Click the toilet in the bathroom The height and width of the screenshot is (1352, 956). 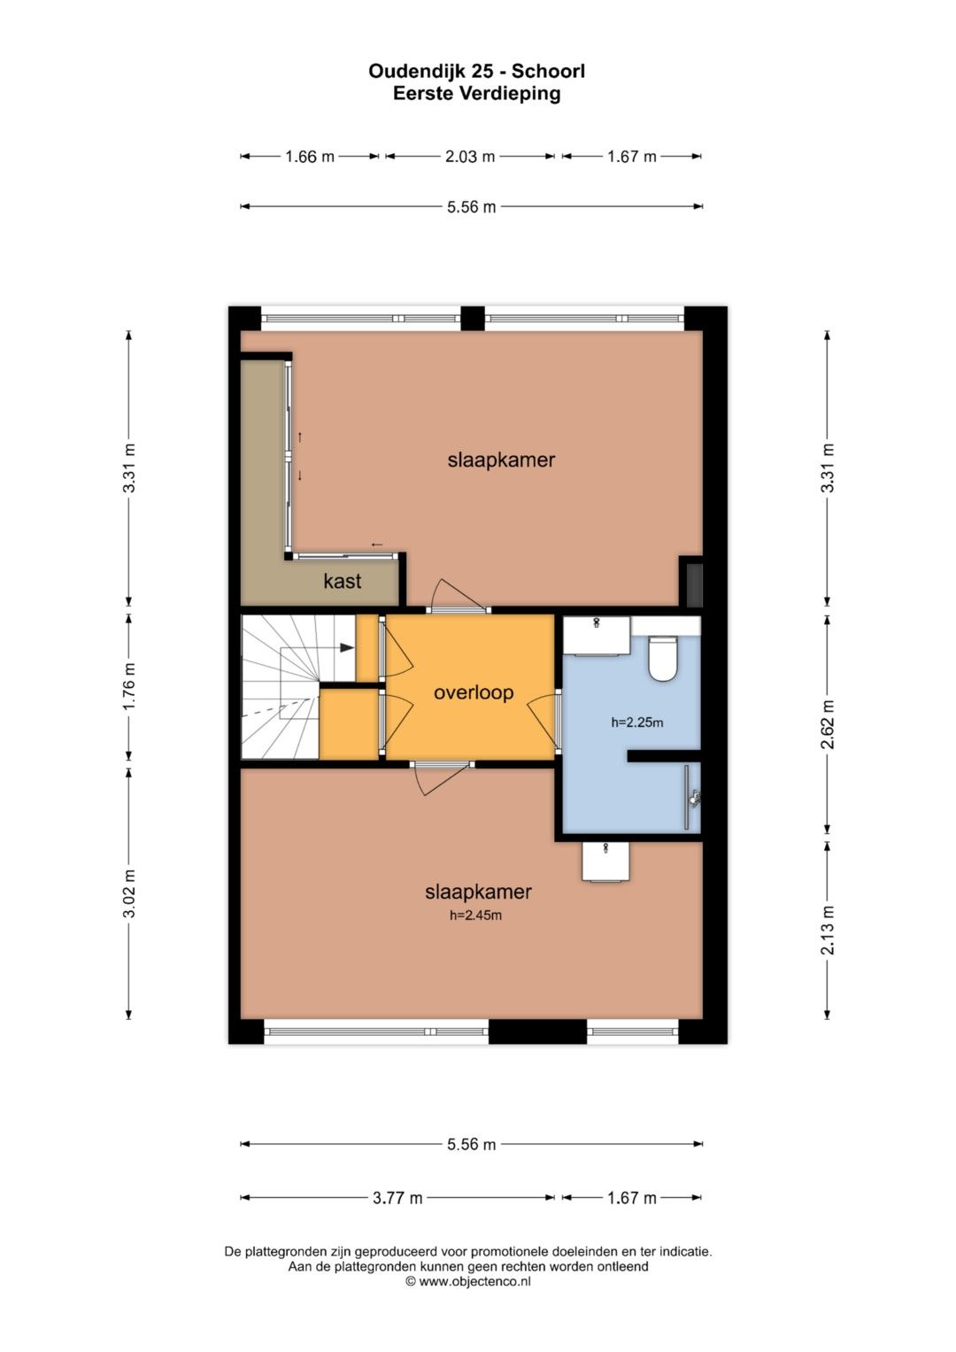(x=663, y=658)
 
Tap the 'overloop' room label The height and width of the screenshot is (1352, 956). (x=474, y=692)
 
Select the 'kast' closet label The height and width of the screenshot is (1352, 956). (x=343, y=581)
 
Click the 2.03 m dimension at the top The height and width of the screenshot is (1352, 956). (x=469, y=157)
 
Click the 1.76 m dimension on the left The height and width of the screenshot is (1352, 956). (x=128, y=686)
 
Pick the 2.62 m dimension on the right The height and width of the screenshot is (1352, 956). (x=828, y=724)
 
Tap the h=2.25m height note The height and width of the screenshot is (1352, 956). (x=636, y=722)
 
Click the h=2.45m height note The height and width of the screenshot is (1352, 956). (x=475, y=915)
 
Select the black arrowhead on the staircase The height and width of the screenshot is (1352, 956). (x=347, y=647)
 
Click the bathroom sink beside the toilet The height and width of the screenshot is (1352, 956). (x=597, y=635)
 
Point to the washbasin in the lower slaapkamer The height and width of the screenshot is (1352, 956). (x=605, y=862)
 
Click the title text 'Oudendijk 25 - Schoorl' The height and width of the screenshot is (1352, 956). (x=477, y=71)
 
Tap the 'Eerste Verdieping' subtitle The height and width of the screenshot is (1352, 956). (x=477, y=94)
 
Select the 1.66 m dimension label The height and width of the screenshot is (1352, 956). (x=310, y=157)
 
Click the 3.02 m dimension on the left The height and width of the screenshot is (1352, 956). (x=128, y=894)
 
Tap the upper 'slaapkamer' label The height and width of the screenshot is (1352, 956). (x=501, y=460)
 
